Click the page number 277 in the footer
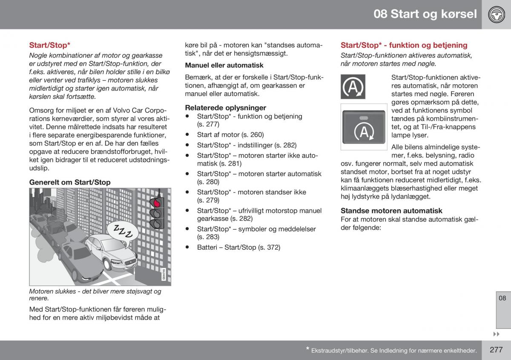point(496,350)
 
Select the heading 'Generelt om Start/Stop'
point(70,182)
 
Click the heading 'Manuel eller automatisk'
point(224,65)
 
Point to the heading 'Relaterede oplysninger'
point(225,108)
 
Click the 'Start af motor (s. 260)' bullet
point(230,135)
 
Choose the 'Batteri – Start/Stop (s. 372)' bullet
point(238,247)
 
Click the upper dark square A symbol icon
point(353,86)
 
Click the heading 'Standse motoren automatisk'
point(391,210)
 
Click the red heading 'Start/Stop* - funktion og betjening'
point(404,45)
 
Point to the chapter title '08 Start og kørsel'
point(425,14)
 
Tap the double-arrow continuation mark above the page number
point(496,334)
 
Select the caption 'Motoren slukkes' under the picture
point(95,295)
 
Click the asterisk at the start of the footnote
point(307,349)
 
